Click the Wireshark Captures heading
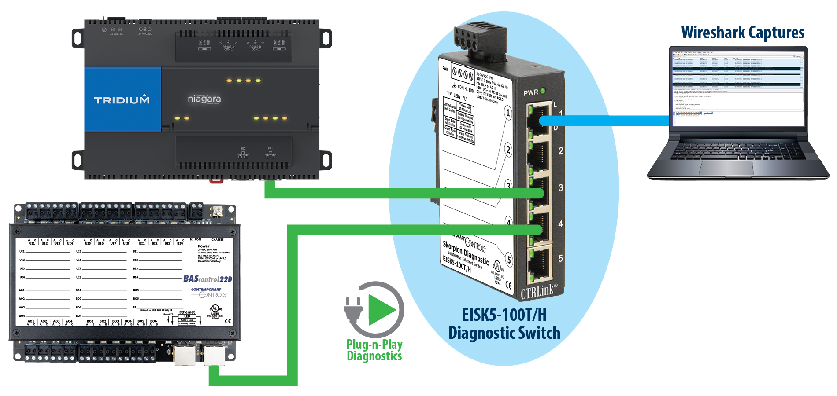pyautogui.click(x=742, y=33)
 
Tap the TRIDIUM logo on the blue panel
pyautogui.click(x=122, y=100)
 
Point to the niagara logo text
pyautogui.click(x=204, y=99)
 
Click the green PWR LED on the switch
pyautogui.click(x=543, y=91)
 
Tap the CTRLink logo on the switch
pyautogui.click(x=538, y=291)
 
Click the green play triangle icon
pyautogui.click(x=381, y=310)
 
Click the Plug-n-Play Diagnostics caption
pyautogui.click(x=374, y=350)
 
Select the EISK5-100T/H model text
pyautogui.click(x=504, y=315)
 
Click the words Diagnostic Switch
pyautogui.click(x=504, y=333)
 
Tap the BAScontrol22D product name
pyautogui.click(x=207, y=279)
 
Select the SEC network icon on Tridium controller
pyautogui.click(x=243, y=154)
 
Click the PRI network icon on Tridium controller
pyautogui.click(x=270, y=154)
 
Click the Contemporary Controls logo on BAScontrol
pyautogui.click(x=209, y=293)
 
